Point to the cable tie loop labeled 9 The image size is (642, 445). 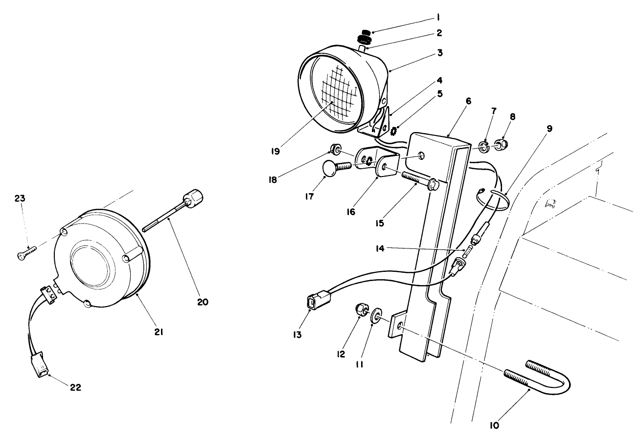[x=492, y=201]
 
